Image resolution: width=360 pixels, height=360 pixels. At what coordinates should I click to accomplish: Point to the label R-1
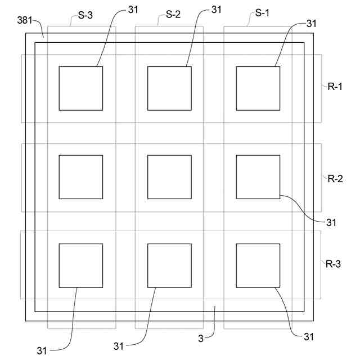336,87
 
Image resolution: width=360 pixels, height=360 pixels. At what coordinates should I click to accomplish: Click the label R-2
336,179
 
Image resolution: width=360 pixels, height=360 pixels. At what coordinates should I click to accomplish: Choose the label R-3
336,263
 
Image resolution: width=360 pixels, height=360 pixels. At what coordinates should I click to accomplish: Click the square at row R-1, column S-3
81,88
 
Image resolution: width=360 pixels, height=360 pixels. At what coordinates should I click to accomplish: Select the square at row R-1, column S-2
169,88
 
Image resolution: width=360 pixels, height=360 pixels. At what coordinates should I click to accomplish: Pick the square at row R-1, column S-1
258,88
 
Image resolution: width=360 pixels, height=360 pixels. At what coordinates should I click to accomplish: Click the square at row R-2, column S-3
81,177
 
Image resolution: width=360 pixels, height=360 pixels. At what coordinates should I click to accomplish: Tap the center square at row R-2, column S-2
169,177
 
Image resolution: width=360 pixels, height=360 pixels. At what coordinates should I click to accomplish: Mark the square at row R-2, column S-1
258,177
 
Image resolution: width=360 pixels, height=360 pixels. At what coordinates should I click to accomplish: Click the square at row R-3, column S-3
81,265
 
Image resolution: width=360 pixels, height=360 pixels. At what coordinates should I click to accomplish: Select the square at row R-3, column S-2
169,265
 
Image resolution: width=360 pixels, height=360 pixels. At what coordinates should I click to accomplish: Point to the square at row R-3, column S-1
258,265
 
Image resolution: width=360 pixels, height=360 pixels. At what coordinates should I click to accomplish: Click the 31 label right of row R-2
331,222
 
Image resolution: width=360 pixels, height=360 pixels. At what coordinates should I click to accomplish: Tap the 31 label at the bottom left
42,350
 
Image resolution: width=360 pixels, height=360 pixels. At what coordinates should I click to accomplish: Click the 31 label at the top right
313,24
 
